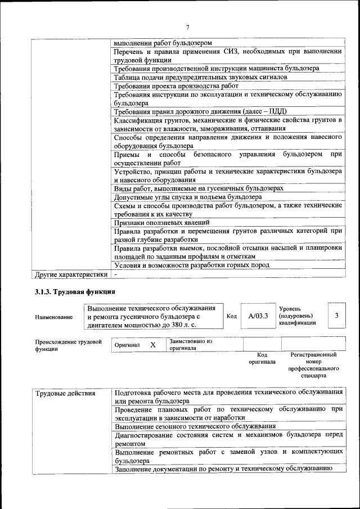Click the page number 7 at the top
(187, 28)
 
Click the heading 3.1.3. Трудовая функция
(75, 291)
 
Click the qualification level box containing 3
(336, 316)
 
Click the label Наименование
(53, 317)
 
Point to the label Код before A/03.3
(231, 316)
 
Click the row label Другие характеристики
(70, 274)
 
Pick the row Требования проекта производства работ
(176, 85)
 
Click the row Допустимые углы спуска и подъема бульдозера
(187, 197)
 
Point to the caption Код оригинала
(262, 358)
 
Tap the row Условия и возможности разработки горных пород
(191, 265)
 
